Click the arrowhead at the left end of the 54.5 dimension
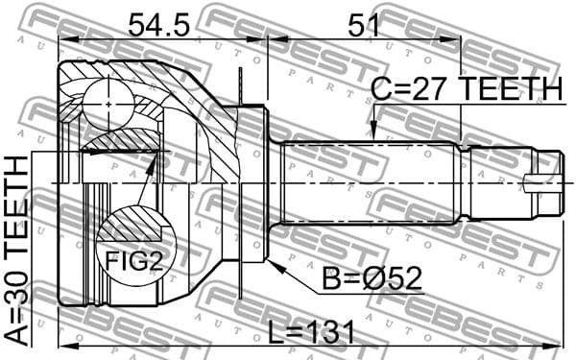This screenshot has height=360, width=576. pyautogui.click(x=63, y=39)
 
